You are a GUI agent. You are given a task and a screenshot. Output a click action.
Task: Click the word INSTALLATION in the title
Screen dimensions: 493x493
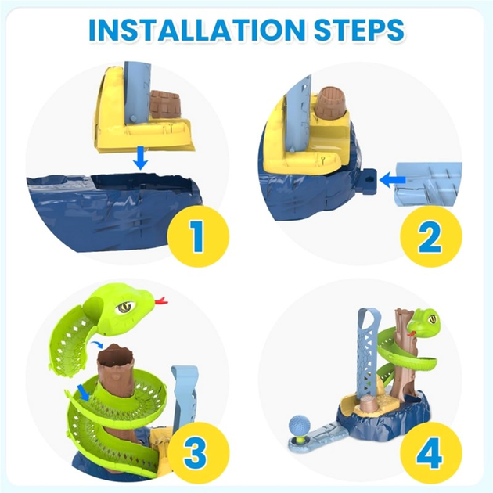196,30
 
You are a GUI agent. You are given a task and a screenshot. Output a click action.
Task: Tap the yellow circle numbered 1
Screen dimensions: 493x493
198,236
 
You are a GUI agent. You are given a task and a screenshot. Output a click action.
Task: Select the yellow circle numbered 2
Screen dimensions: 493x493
430,236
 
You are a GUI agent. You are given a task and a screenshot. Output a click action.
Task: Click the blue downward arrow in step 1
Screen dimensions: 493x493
141,157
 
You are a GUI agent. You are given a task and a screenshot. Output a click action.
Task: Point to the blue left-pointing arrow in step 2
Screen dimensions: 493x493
393,180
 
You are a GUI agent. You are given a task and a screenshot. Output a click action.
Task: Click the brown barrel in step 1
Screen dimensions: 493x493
165,104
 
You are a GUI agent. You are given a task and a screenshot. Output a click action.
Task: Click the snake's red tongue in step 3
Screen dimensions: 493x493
161,300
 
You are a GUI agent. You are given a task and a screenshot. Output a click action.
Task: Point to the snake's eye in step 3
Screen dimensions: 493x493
125,306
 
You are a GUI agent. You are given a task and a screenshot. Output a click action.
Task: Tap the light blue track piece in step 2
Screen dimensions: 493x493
428,184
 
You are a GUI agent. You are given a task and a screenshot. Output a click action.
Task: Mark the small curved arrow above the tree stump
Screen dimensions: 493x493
97,344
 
